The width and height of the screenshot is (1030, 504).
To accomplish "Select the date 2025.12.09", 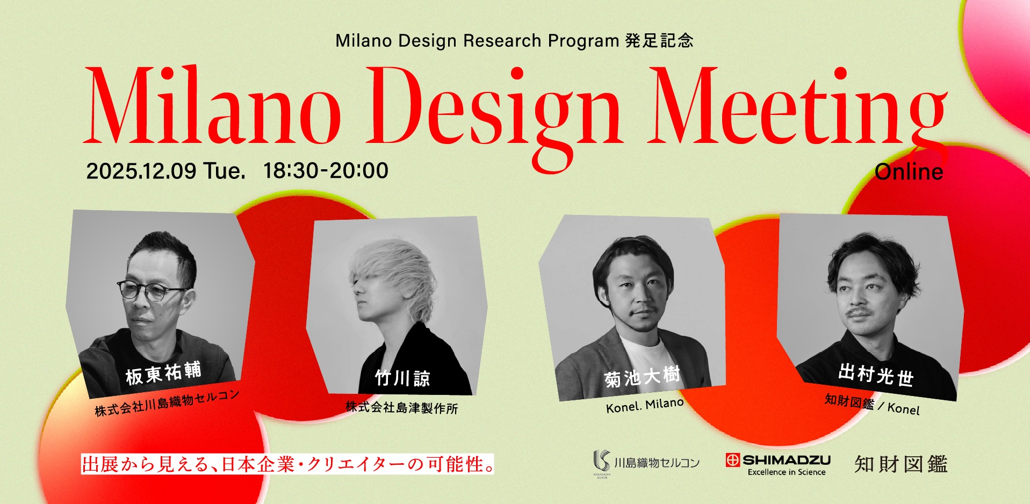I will pyautogui.click(x=141, y=171).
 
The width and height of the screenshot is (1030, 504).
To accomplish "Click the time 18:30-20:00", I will pyautogui.click(x=326, y=170).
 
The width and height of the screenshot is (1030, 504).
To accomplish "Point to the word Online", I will pyautogui.click(x=909, y=172).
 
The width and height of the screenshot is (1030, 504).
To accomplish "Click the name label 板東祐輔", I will pyautogui.click(x=163, y=373).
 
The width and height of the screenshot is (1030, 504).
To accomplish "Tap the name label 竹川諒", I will pyautogui.click(x=402, y=378).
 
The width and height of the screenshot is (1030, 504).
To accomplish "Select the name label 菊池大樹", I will pyautogui.click(x=642, y=377).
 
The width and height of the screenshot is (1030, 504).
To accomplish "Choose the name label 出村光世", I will pyautogui.click(x=876, y=375).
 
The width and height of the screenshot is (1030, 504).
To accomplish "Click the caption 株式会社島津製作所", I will pyautogui.click(x=402, y=407).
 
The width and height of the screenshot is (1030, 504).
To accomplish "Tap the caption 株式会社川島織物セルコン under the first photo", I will pyautogui.click(x=167, y=403).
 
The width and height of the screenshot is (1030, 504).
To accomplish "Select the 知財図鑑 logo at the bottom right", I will pyautogui.click(x=901, y=464).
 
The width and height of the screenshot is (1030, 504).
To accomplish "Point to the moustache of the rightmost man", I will pyautogui.click(x=858, y=312).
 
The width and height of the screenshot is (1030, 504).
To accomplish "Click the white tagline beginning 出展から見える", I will pyautogui.click(x=287, y=464).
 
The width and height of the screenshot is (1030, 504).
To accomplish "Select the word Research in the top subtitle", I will pyautogui.click(x=502, y=41).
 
